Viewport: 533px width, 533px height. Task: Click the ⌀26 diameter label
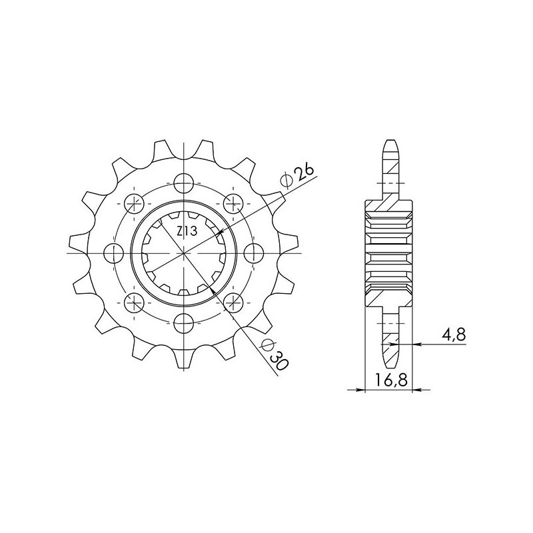pos(298,175)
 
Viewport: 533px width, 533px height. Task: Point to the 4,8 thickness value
pos(453,335)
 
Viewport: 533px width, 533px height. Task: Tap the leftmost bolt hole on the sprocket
pos(114,253)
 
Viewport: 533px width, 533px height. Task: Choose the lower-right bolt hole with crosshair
pos(234,303)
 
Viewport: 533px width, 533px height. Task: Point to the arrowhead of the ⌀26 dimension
pos(219,233)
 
